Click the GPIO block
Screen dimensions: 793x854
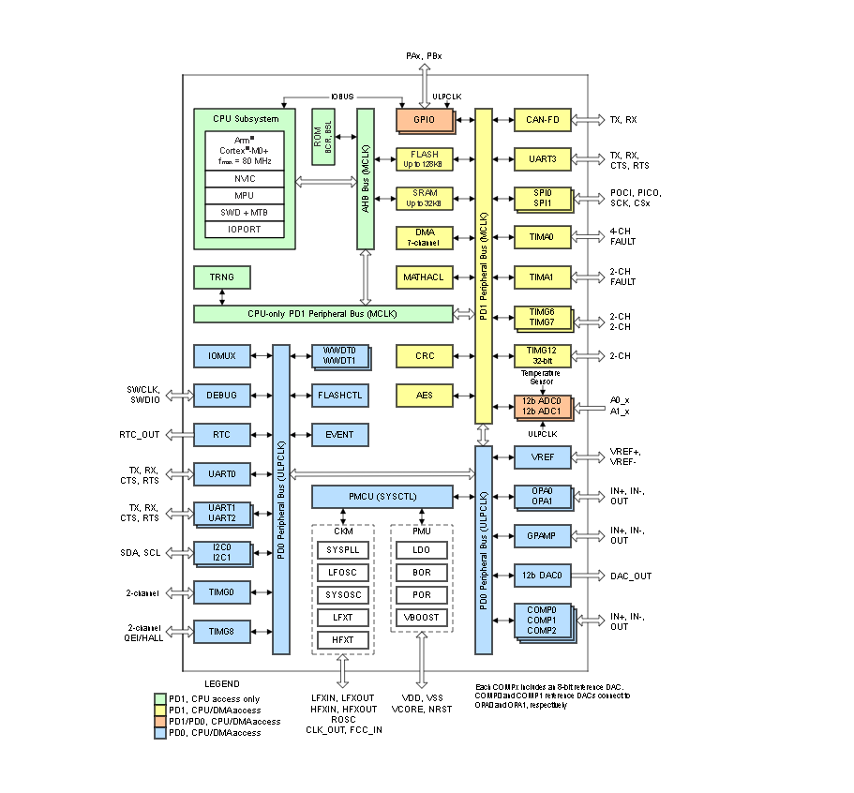click(x=425, y=120)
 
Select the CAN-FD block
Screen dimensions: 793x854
click(x=542, y=120)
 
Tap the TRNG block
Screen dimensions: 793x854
click(x=222, y=277)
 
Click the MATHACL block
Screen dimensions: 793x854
click(x=425, y=277)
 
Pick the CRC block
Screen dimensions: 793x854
click(x=425, y=356)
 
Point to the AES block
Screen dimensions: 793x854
click(x=425, y=396)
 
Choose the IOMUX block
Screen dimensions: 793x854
click(x=222, y=356)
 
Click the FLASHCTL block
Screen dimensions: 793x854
click(x=340, y=396)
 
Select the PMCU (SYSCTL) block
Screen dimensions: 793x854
click(x=382, y=497)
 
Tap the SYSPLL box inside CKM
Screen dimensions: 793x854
click(x=342, y=550)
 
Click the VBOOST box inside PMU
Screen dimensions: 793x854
click(x=421, y=618)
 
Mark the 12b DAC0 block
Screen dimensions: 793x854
click(x=542, y=576)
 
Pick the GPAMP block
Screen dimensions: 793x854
click(x=542, y=535)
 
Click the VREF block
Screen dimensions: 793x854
click(x=542, y=456)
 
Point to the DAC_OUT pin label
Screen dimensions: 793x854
click(x=631, y=576)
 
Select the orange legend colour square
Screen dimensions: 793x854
click(x=159, y=721)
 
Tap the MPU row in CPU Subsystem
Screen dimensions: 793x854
click(x=245, y=196)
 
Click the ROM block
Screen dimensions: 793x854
click(x=322, y=136)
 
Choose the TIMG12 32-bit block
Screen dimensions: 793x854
click(x=542, y=356)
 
